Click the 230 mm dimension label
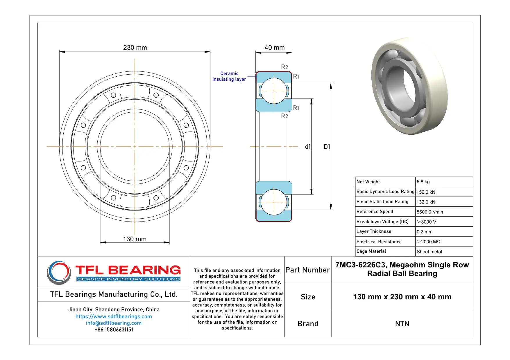pos(135,48)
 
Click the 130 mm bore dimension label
pos(135,239)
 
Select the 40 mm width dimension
pos(274,48)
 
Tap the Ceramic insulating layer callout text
pos(229,76)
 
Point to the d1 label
pos(308,147)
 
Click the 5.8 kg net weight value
pos(423,182)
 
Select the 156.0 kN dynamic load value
pos(426,192)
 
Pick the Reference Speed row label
pos(375,212)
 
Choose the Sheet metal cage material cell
pos(429,252)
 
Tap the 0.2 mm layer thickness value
pos(424,232)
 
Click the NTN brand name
pos(402,324)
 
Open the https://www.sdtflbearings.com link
pos(114,316)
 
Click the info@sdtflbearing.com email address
pos(114,323)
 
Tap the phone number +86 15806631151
pos(114,330)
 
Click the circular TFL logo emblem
pos(59,272)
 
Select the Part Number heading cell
pos(307,270)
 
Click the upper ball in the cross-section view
pos(274,91)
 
